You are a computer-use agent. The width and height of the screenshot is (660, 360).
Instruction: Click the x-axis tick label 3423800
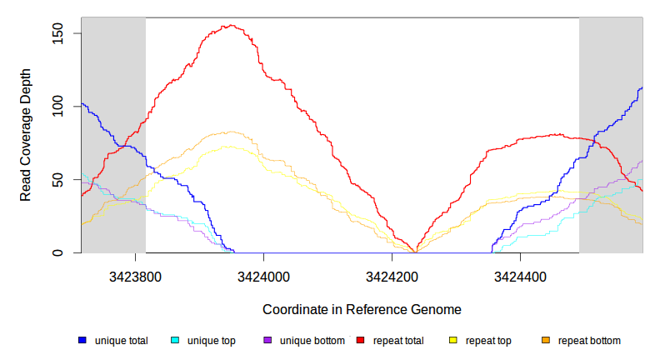click(x=135, y=275)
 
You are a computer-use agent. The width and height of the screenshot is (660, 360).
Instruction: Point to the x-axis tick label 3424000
click(x=263, y=275)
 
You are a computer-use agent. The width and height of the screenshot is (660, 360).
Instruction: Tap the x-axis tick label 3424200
click(x=392, y=275)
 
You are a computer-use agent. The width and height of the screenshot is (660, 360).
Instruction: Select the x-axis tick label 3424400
click(x=520, y=275)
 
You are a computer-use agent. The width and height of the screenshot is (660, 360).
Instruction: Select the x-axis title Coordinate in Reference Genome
click(x=362, y=309)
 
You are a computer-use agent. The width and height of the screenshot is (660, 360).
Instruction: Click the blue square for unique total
click(x=82, y=341)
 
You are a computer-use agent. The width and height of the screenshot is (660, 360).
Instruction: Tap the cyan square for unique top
click(x=175, y=341)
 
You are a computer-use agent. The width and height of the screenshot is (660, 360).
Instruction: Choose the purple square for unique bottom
click(x=267, y=341)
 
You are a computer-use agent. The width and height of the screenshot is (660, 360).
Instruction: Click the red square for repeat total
click(x=361, y=341)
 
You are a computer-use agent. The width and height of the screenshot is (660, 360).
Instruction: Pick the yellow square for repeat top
click(x=453, y=341)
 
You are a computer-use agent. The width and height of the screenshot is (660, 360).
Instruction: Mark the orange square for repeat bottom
click(x=546, y=341)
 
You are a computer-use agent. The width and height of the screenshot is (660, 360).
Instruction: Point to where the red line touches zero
click(x=415, y=252)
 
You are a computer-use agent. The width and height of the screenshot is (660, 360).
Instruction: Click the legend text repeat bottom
click(x=589, y=341)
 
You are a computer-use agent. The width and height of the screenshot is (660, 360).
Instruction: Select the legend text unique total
click(x=121, y=341)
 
